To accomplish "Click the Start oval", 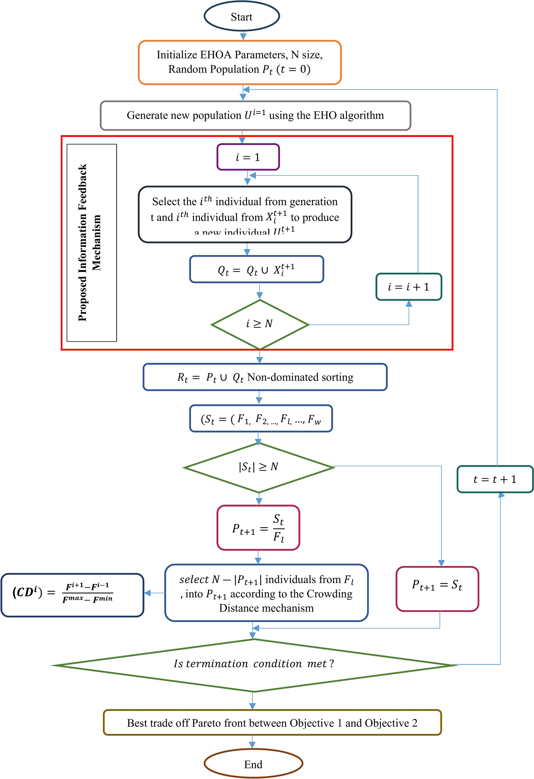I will pyautogui.click(x=241, y=16).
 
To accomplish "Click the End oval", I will pyautogui.click(x=253, y=764).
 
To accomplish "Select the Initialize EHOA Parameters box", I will pyautogui.click(x=240, y=62).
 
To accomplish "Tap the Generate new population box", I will pyautogui.click(x=255, y=115).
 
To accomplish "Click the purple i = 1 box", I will pyautogui.click(x=248, y=157).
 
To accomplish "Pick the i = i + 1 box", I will pyautogui.click(x=409, y=287).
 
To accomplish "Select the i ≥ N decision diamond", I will pyautogui.click(x=260, y=324).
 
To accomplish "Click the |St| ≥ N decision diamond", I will pyautogui.click(x=259, y=467).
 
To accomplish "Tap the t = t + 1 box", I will pyautogui.click(x=495, y=479).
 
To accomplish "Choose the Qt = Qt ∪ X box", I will pyautogui.click(x=256, y=269).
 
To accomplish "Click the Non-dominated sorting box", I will pyautogui.click(x=265, y=377).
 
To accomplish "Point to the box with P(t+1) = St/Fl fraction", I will pyautogui.click(x=258, y=528).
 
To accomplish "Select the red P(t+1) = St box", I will pyautogui.click(x=437, y=589).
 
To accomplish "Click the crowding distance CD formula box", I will pyautogui.click(x=72, y=595).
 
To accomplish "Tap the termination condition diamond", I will pyautogui.click(x=254, y=664).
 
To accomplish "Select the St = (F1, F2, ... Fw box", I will pyautogui.click(x=261, y=419).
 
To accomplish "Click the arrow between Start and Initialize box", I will pyautogui.click(x=243, y=36).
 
